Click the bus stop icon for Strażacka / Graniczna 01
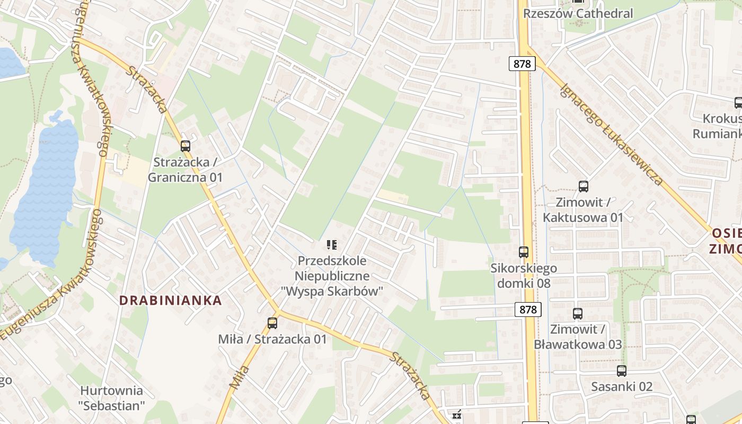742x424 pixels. coord(185,146)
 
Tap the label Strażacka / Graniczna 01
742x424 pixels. coord(185,170)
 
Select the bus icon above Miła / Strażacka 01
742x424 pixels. coord(272,323)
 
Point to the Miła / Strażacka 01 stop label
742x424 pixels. coord(272,339)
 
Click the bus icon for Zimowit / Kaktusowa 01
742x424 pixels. coord(583,186)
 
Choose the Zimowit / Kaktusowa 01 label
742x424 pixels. coord(583,210)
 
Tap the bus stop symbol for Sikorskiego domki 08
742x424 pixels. coord(523,252)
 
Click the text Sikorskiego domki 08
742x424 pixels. coord(524,276)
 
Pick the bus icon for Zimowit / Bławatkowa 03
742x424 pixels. coord(577,313)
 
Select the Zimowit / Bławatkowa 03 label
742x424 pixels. coord(577,337)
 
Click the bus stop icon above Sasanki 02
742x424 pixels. coord(621,371)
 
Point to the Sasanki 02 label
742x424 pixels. coord(622,386)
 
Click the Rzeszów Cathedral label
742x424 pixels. coord(578,14)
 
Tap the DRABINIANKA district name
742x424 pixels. coord(170,301)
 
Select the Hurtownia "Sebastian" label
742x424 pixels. coord(111,399)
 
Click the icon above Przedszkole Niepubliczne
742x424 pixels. coord(332,244)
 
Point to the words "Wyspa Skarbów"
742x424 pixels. coord(332,291)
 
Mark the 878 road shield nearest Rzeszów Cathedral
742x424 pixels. coord(522,64)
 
